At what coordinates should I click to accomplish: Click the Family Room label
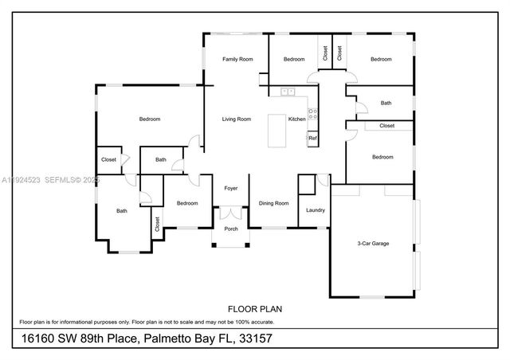pos(237,59)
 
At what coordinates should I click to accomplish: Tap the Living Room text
pos(237,119)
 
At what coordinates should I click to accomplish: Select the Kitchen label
pos(296,119)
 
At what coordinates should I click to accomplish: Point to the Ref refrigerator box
pos(312,138)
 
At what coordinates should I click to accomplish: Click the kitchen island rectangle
pos(278,131)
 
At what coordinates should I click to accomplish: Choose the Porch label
pos(230,229)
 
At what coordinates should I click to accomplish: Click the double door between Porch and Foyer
pos(230,213)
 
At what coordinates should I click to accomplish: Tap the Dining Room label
pos(273,203)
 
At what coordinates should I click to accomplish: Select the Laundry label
pos(316,210)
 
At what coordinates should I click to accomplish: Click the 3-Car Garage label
pos(372,243)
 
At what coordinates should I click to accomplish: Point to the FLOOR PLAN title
pos(255,308)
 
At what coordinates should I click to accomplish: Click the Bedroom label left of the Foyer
pos(187,203)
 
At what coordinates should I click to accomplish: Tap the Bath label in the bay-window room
pos(122,211)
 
